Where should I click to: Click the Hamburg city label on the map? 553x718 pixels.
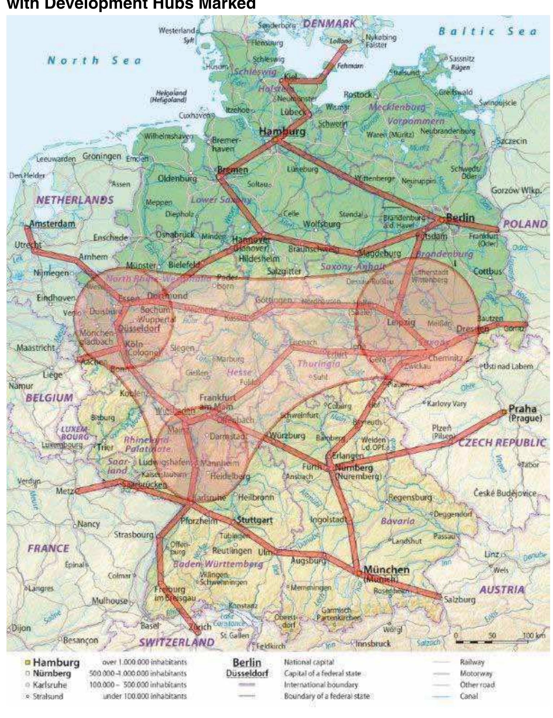pyautogui.click(x=282, y=131)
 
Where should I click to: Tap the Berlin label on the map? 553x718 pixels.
pyautogui.click(x=460, y=218)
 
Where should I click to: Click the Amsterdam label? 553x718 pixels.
pyautogui.click(x=52, y=224)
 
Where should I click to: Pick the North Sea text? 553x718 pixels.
pyautogui.click(x=94, y=60)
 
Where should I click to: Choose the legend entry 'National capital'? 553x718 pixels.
pyautogui.click(x=309, y=662)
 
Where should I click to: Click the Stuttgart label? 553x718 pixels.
pyautogui.click(x=254, y=520)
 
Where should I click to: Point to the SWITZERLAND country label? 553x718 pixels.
pyautogui.click(x=177, y=642)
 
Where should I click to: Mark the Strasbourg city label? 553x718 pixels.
pyautogui.click(x=134, y=535)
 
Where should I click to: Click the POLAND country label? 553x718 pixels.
pyautogui.click(x=525, y=224)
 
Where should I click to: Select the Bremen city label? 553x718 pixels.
pyautogui.click(x=233, y=169)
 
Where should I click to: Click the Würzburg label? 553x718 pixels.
pyautogui.click(x=287, y=435)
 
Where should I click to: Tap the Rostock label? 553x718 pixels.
pyautogui.click(x=357, y=94)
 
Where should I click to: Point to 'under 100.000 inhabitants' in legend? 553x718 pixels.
pyautogui.click(x=145, y=696)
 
